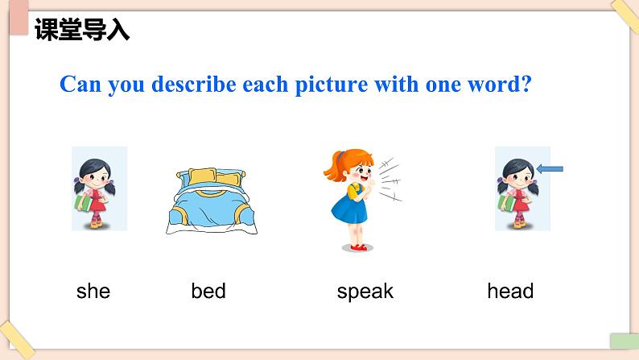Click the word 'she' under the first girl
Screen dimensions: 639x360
(x=93, y=291)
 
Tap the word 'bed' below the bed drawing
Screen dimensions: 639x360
(x=208, y=291)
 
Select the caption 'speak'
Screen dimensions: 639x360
(x=365, y=292)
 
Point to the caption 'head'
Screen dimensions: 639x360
(x=510, y=291)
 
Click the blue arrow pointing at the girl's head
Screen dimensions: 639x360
(x=550, y=168)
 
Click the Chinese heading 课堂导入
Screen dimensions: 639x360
(x=82, y=29)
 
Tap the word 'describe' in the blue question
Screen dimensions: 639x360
(x=194, y=84)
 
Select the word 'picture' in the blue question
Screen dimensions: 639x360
(x=332, y=85)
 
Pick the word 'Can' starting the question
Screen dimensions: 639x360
(x=80, y=84)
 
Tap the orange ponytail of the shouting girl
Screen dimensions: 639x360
(x=335, y=168)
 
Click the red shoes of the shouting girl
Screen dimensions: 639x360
(x=359, y=247)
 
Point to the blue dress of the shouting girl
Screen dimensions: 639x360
(x=349, y=209)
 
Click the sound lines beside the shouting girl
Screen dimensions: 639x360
(x=390, y=180)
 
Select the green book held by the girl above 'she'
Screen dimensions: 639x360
(x=84, y=203)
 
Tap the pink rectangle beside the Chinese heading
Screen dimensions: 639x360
(x=19, y=18)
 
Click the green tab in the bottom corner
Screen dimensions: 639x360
(x=625, y=341)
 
